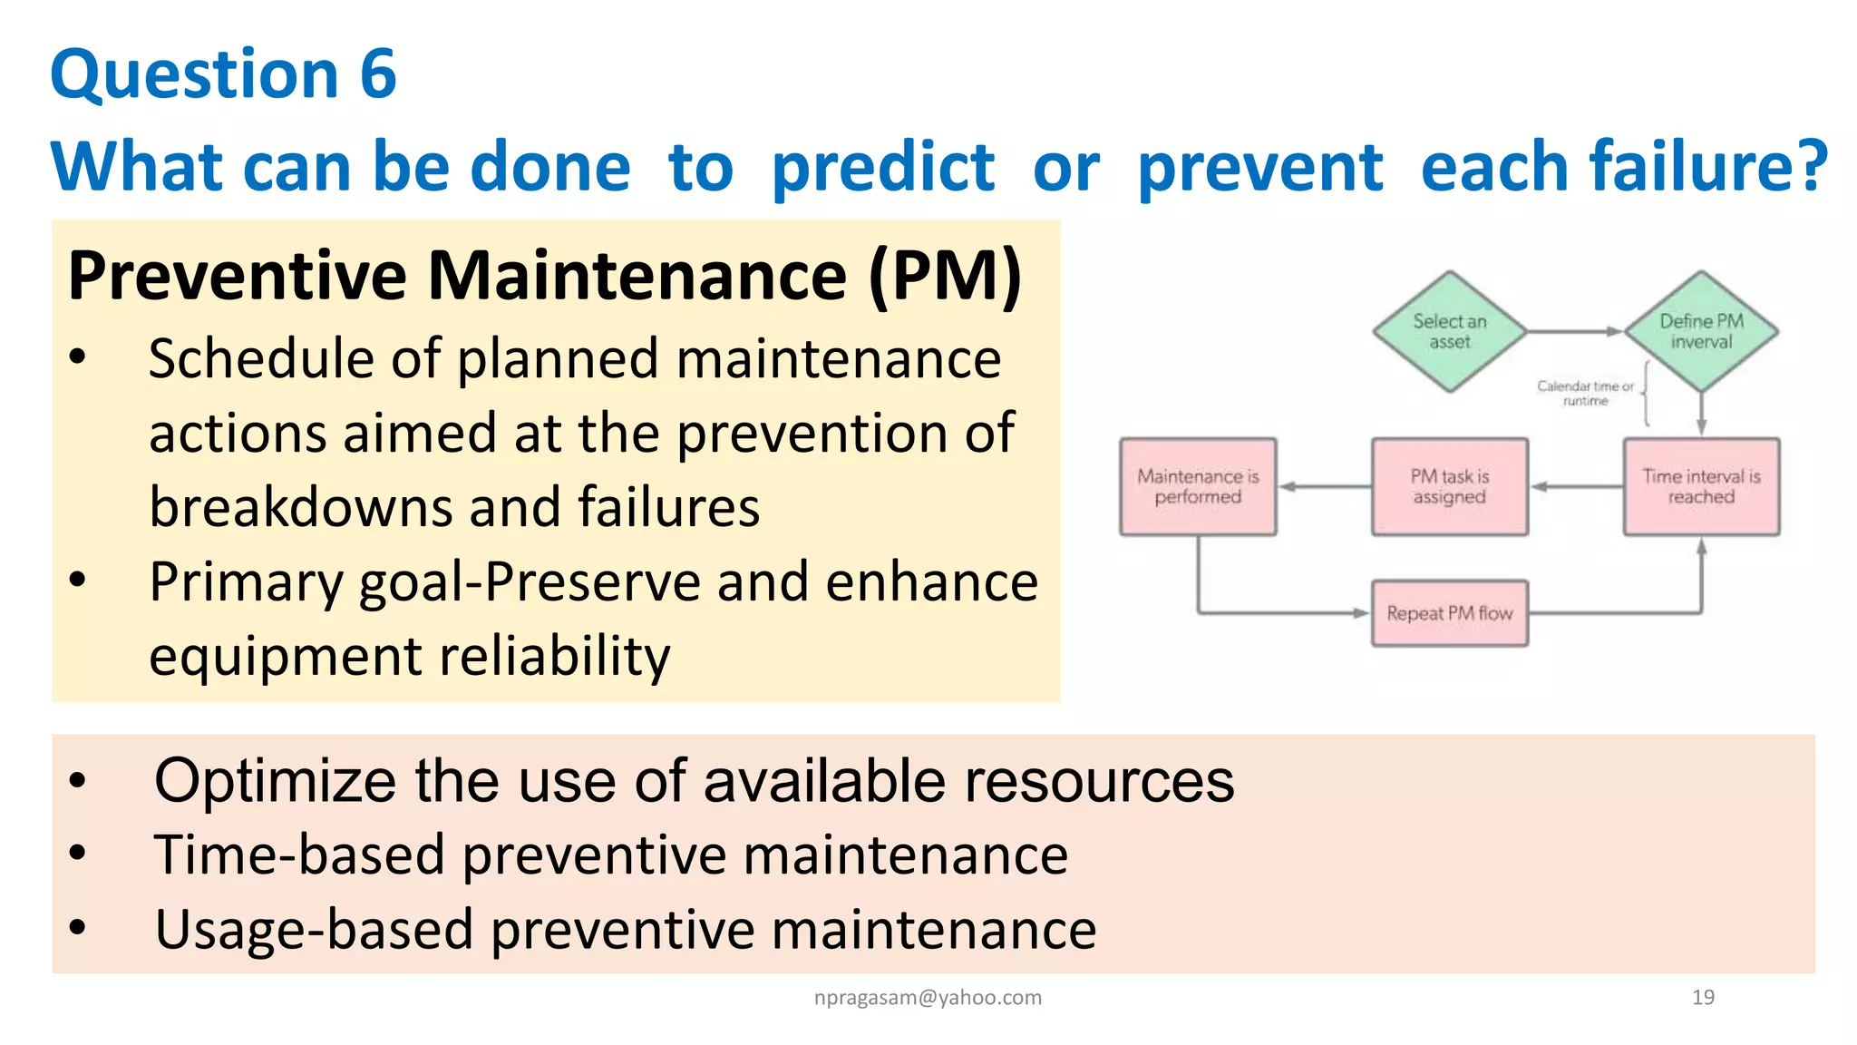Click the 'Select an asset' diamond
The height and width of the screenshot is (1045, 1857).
click(x=1449, y=332)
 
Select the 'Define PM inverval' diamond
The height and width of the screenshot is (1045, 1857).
click(x=1701, y=332)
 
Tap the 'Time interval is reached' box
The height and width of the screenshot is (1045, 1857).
click(x=1701, y=487)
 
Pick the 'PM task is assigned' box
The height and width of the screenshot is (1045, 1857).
click(x=1449, y=487)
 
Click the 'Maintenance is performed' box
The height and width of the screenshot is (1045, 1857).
click(x=1198, y=487)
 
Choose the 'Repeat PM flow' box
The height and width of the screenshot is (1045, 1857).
click(x=1449, y=613)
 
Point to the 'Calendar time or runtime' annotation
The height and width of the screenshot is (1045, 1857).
click(x=1585, y=393)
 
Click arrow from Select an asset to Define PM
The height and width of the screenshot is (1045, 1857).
click(x=1574, y=332)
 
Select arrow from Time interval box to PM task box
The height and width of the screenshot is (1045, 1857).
click(x=1576, y=487)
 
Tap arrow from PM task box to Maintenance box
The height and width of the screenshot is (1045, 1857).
click(x=1324, y=487)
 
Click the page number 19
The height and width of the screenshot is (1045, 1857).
click(x=1703, y=997)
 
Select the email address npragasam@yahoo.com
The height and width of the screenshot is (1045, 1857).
click(x=928, y=997)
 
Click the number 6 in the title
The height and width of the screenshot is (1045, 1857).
click(x=377, y=74)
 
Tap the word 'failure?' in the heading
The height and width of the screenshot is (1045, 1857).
click(x=1624, y=167)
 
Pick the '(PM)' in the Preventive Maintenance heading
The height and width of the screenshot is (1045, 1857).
click(x=945, y=276)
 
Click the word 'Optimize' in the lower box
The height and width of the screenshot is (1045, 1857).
click(x=275, y=781)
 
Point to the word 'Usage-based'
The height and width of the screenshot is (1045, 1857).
click(x=314, y=930)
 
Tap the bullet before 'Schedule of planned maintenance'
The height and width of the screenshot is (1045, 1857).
click(x=78, y=357)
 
